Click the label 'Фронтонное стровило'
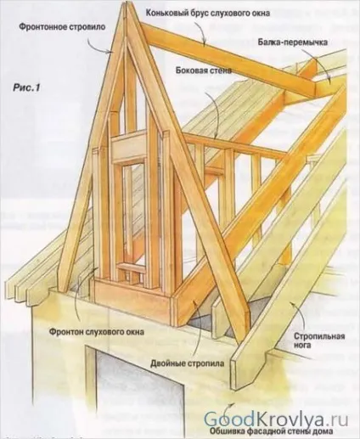pyautogui.click(x=62, y=27)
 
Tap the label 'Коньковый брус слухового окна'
pyautogui.click(x=208, y=13)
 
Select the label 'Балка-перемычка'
pyautogui.click(x=293, y=42)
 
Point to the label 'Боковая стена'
pyautogui.click(x=204, y=70)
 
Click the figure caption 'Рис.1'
pyautogui.click(x=26, y=87)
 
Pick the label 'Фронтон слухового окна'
pyautogui.click(x=97, y=331)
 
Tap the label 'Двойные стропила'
pyautogui.click(x=187, y=363)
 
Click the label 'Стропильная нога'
pyautogui.click(x=319, y=341)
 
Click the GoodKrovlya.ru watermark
pyautogui.click(x=276, y=419)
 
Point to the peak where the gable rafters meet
pyautogui.click(x=125, y=5)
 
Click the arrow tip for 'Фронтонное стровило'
pyautogui.click(x=113, y=52)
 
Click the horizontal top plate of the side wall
pyautogui.click(x=235, y=146)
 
